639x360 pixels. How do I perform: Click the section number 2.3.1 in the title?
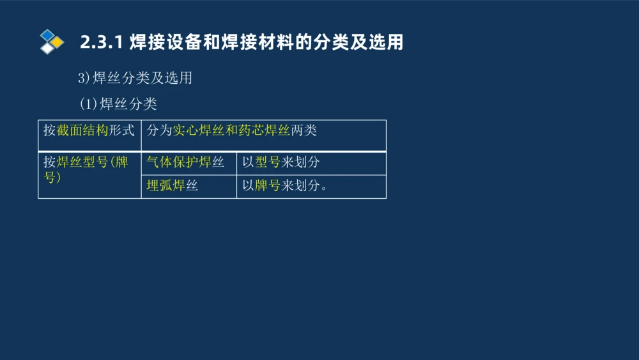pos(101,43)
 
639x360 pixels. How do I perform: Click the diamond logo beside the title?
pos(51,42)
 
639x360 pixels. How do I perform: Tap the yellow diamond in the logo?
pos(57,42)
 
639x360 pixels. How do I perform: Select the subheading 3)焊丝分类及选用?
pos(135,78)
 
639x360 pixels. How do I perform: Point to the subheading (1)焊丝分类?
pos(118,104)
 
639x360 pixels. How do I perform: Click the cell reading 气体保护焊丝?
pos(185,162)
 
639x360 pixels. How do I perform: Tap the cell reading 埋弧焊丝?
pos(172,186)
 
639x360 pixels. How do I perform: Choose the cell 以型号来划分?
pos(281,162)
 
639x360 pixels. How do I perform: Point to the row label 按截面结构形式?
pos(89,130)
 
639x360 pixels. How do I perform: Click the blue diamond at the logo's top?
pos(47,35)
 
